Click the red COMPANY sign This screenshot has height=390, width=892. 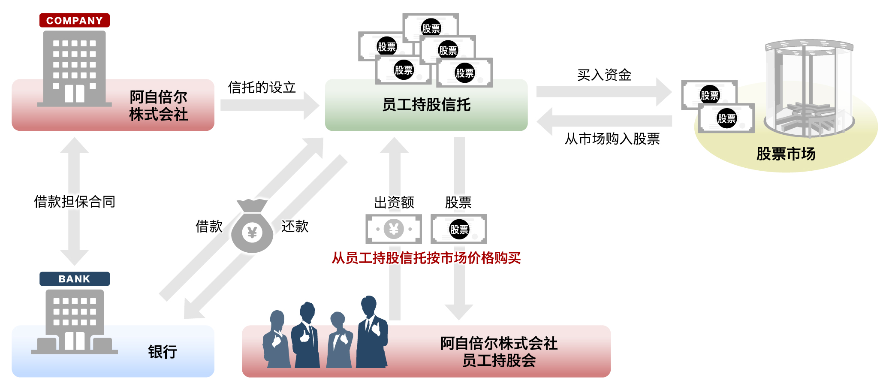[74, 20]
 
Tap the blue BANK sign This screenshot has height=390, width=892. [74, 279]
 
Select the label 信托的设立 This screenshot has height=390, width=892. [262, 88]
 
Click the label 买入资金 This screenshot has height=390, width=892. [604, 75]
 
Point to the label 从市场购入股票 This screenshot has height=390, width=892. [612, 139]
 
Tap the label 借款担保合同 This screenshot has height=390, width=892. [75, 202]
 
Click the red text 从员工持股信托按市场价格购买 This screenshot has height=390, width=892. [426, 258]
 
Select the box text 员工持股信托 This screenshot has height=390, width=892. [426, 105]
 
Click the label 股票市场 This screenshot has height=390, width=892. [786, 154]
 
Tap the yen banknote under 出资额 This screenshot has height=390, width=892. [394, 229]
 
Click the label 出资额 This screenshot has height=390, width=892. [394, 202]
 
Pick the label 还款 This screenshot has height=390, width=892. [295, 226]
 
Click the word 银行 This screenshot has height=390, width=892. [162, 352]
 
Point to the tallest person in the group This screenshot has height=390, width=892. [371, 333]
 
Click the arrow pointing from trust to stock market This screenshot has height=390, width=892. [603, 92]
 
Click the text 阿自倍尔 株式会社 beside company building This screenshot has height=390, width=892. [158, 106]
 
